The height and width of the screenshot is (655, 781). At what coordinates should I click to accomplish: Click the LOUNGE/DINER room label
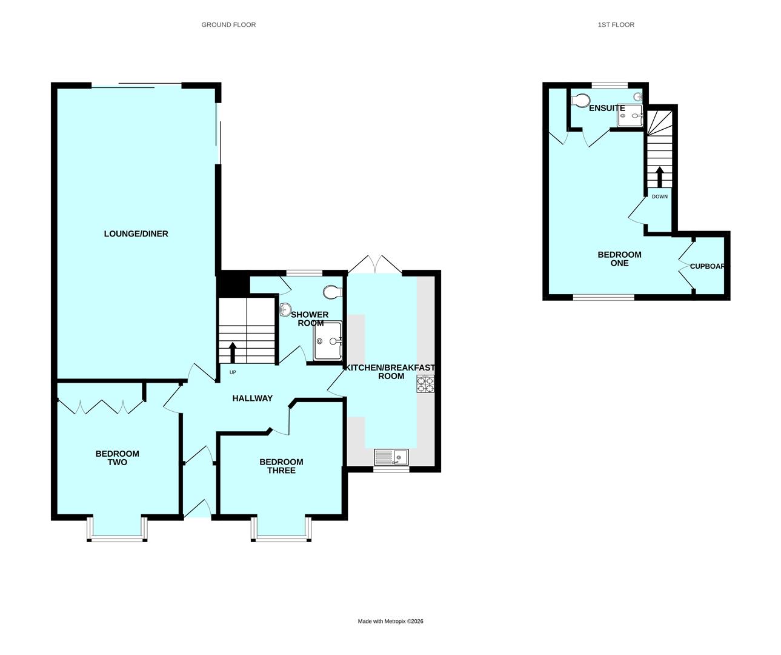click(x=136, y=233)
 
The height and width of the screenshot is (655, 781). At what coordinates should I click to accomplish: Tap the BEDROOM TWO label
click(x=117, y=458)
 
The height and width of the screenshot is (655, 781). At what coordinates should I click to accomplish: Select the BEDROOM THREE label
click(x=281, y=466)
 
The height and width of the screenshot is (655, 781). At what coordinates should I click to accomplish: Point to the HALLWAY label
click(x=253, y=398)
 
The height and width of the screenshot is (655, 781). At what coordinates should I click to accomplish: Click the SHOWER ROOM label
click(x=310, y=318)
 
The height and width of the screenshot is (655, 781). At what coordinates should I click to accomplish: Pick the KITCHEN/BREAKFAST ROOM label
click(x=390, y=372)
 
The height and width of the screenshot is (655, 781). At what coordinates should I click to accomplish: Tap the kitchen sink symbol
click(x=391, y=457)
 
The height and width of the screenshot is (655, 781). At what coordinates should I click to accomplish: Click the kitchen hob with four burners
click(x=425, y=385)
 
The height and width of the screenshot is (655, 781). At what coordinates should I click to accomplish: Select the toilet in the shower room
click(x=333, y=292)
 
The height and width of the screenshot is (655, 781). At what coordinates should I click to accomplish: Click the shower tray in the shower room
click(x=328, y=341)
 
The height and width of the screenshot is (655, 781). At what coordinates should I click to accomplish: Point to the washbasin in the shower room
click(x=286, y=309)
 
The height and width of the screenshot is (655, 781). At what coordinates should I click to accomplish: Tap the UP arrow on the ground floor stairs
click(x=233, y=352)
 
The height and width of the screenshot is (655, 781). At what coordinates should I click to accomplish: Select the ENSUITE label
click(x=607, y=108)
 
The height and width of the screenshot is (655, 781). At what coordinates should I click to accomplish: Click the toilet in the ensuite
click(x=582, y=100)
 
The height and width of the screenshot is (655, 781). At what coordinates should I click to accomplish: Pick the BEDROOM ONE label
click(x=619, y=259)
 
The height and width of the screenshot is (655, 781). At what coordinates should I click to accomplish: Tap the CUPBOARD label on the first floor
click(x=708, y=266)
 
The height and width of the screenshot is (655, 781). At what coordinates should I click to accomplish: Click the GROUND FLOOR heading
click(x=228, y=25)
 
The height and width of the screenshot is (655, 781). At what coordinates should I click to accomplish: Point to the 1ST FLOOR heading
click(x=616, y=25)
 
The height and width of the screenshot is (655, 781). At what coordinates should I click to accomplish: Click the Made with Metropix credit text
click(x=390, y=621)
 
